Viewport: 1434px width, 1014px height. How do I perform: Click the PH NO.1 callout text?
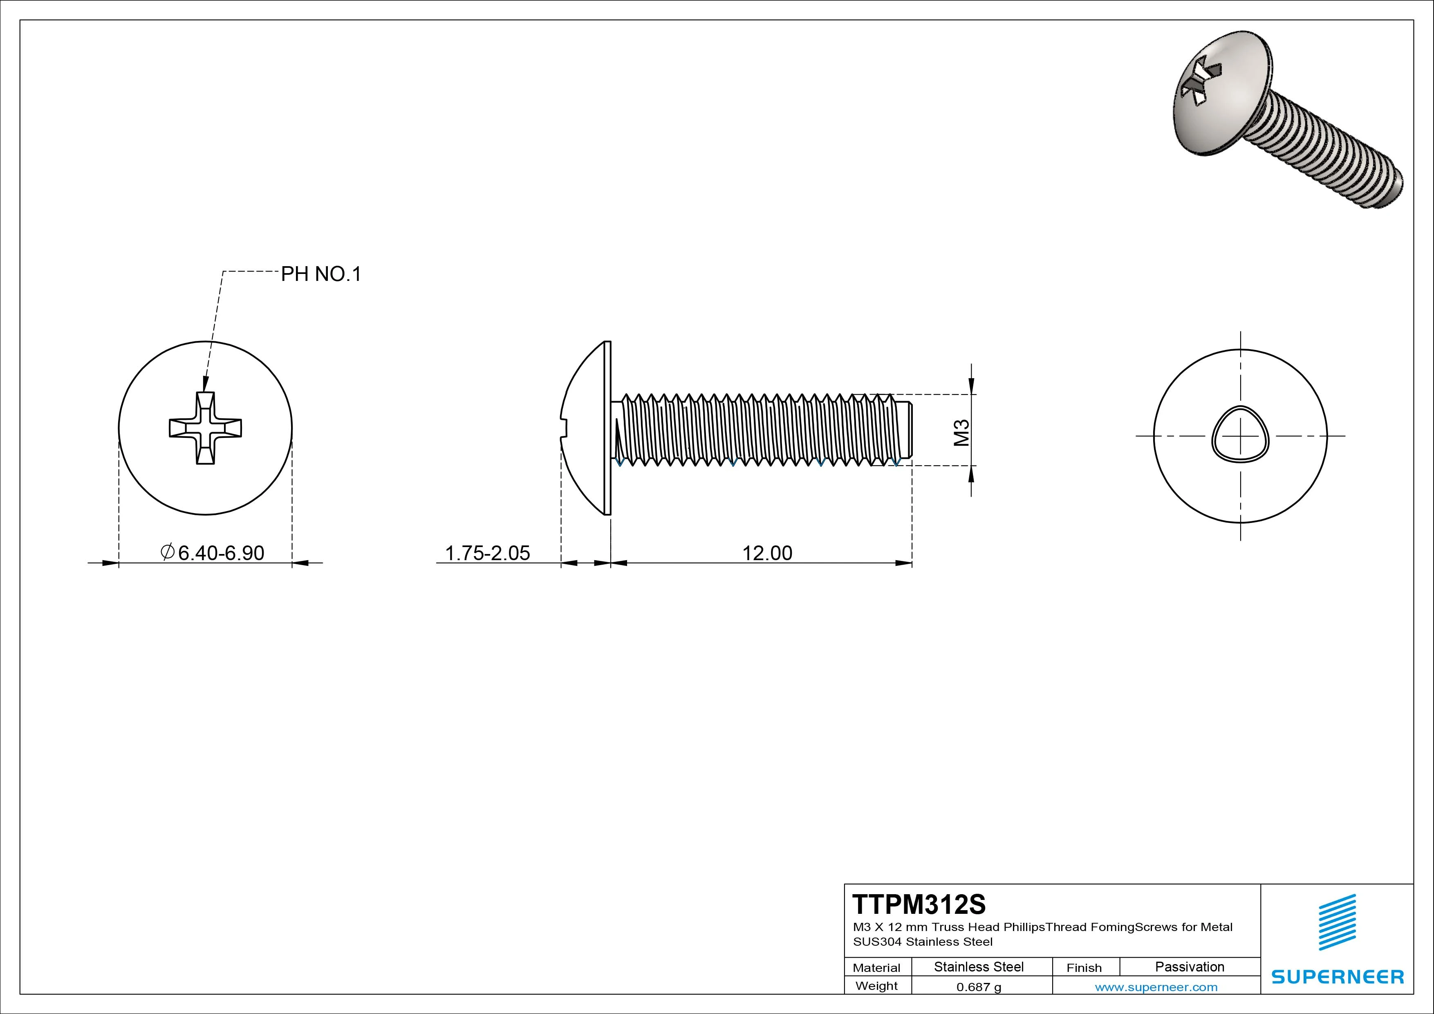click(x=321, y=274)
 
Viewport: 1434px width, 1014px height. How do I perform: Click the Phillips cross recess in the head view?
click(x=206, y=428)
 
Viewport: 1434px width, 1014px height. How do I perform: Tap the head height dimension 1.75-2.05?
click(x=487, y=553)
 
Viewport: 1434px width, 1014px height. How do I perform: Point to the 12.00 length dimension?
click(x=767, y=553)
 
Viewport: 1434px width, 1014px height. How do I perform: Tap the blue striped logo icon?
click(x=1337, y=922)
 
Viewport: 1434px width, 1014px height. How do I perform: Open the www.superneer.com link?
click(x=1156, y=987)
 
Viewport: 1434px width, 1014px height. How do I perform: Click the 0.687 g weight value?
click(x=979, y=987)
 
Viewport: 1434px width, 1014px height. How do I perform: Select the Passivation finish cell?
click(x=1189, y=967)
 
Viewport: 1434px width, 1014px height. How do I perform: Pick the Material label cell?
click(x=876, y=968)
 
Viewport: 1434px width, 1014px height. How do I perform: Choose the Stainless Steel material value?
click(x=979, y=967)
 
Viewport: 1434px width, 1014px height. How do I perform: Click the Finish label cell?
click(x=1084, y=968)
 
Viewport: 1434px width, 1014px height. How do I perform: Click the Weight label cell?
click(x=876, y=986)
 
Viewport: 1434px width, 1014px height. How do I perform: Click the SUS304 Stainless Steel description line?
click(x=923, y=942)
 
